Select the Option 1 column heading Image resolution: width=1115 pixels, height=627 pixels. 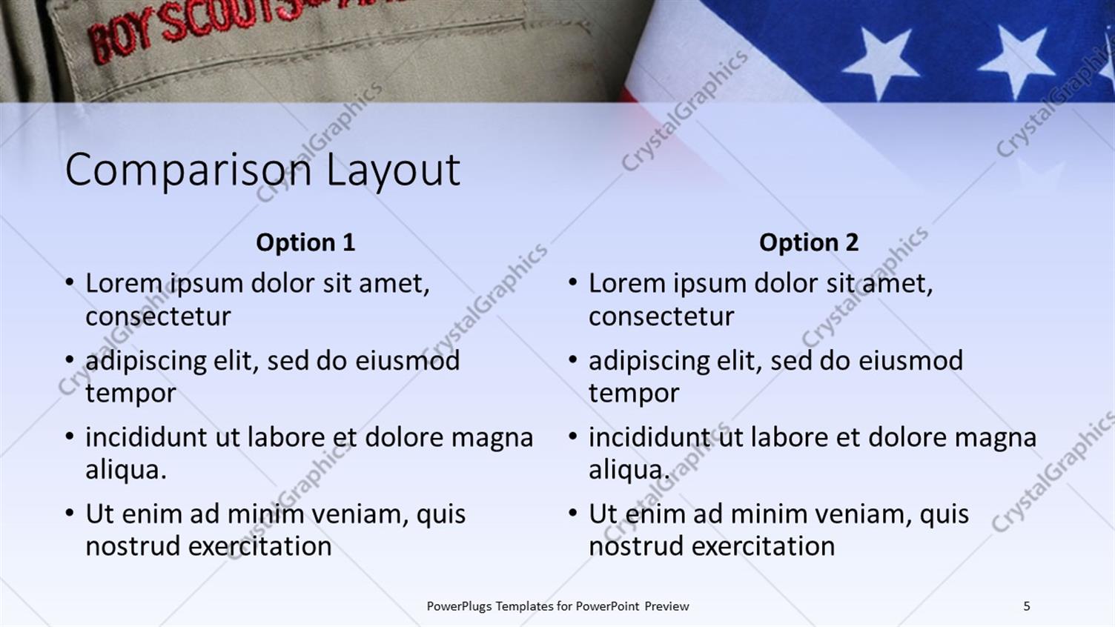[305, 242]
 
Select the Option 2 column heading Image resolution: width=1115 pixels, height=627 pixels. [809, 242]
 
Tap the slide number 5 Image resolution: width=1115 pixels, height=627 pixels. [1027, 606]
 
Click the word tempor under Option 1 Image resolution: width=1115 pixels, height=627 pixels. [130, 394]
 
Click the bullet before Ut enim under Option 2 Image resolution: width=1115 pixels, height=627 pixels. [573, 514]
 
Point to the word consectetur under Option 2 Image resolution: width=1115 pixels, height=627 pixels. [661, 316]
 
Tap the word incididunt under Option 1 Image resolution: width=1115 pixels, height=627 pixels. [147, 437]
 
